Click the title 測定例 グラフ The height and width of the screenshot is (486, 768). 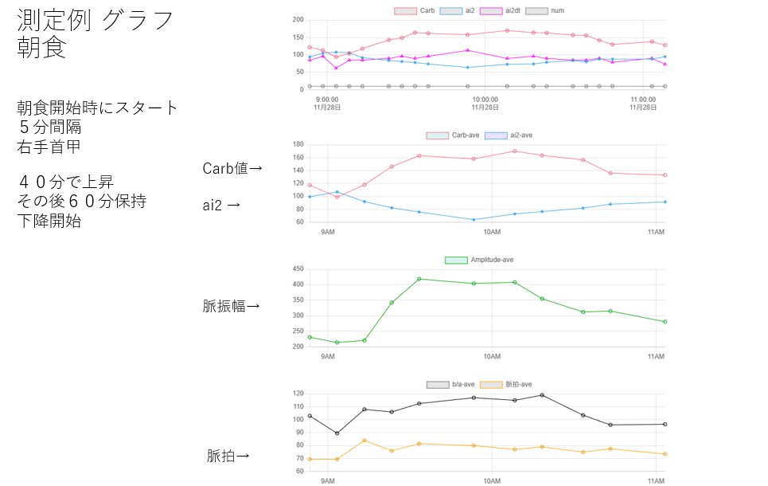[x=96, y=21]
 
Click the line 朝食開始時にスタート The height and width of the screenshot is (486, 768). [x=97, y=108]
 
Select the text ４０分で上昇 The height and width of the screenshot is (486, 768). [x=65, y=183]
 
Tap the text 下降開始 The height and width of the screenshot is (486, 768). [x=49, y=221]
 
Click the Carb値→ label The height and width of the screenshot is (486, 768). [x=232, y=168]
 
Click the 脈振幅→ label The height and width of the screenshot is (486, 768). [x=232, y=305]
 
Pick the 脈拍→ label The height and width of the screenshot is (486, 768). [x=228, y=456]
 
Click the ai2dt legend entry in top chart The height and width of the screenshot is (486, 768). [x=502, y=10]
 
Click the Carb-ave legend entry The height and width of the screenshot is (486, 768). [x=453, y=135]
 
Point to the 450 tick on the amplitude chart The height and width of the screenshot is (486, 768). [x=299, y=269]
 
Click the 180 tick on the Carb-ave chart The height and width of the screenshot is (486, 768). [x=299, y=144]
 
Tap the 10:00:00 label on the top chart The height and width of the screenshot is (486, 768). [x=485, y=100]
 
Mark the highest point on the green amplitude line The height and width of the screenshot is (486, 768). [x=419, y=279]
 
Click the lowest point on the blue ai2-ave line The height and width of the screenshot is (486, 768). [x=474, y=220]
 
